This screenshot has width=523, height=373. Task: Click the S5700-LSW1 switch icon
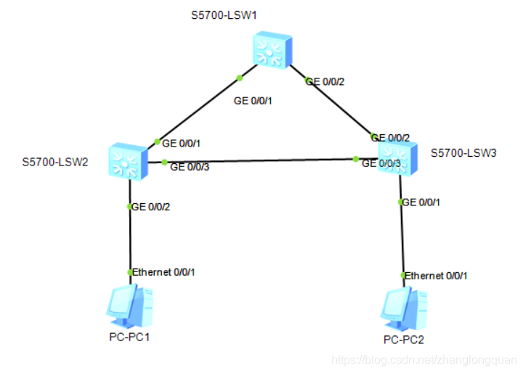[272, 49]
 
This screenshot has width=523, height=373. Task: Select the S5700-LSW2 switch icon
[127, 161]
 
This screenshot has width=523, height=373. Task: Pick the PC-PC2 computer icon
[402, 309]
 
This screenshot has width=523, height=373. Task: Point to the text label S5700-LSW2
[55, 161]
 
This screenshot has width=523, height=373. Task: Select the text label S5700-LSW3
[463, 153]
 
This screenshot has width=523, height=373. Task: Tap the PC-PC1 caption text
[129, 337]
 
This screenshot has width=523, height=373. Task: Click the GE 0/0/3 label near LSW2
[190, 167]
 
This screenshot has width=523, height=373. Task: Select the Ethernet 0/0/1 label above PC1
[163, 272]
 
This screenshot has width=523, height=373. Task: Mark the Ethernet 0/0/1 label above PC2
[436, 276]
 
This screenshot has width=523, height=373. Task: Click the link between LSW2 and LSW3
[261, 160]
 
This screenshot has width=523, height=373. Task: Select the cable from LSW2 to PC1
[129, 239]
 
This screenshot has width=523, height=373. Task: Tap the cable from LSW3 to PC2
[401, 239]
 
